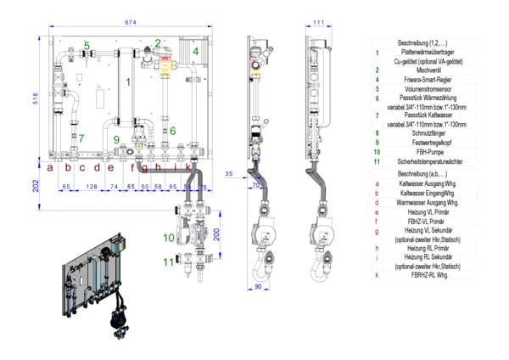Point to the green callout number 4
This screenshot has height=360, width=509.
point(195,51)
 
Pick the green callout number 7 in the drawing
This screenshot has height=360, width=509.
point(81,138)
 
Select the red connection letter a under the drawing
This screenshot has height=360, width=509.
point(51,167)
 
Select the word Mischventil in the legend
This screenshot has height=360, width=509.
point(421,70)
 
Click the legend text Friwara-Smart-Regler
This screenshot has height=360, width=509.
point(421,79)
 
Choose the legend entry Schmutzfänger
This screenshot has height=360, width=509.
point(421,132)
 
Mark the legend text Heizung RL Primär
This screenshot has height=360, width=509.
point(421,248)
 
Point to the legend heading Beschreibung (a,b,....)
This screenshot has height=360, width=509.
point(421,172)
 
